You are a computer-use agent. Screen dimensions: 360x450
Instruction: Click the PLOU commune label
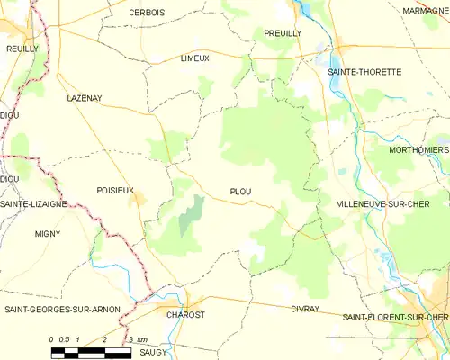(241, 191)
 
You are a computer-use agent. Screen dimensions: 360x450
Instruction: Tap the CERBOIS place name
(147, 12)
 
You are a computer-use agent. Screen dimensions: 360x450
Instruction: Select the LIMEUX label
(194, 58)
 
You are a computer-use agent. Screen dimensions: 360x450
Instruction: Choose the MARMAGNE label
(427, 10)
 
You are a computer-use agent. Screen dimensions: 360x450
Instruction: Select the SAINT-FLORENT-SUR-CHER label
(395, 317)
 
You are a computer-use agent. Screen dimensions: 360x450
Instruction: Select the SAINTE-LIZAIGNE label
(33, 204)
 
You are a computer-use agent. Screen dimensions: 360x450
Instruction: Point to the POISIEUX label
(115, 190)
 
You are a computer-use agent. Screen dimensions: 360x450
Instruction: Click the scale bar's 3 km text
(137, 338)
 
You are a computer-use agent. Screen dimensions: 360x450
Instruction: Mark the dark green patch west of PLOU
(190, 216)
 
